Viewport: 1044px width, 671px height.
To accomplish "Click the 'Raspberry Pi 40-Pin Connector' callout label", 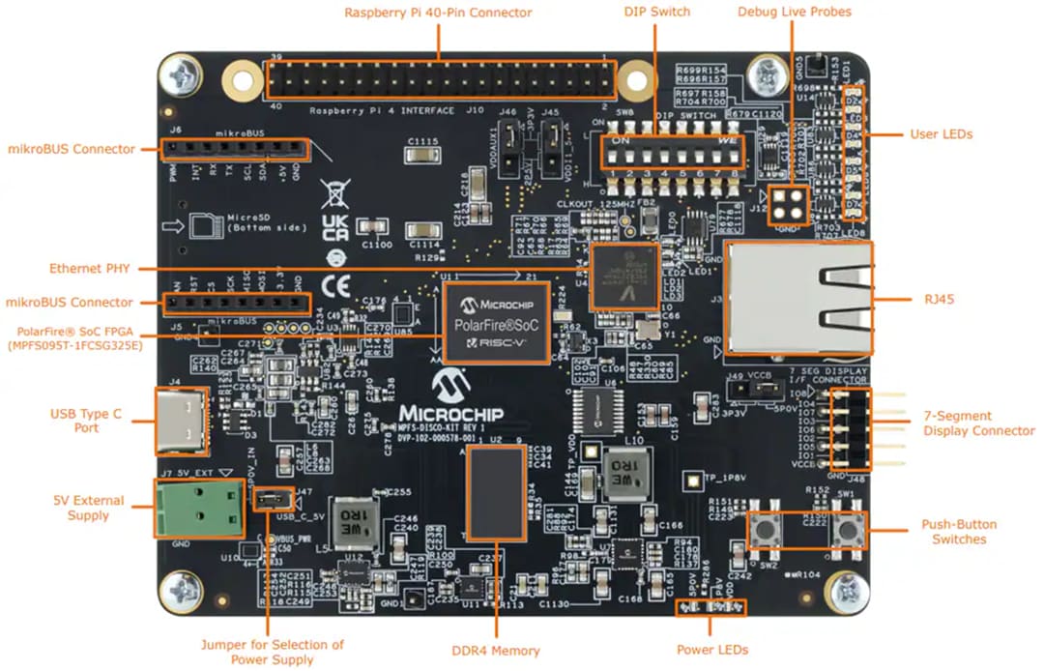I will pyautogui.click(x=438, y=12).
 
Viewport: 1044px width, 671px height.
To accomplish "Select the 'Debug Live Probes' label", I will pyautogui.click(x=794, y=12).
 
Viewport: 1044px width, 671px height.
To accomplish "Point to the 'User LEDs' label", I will pyautogui.click(x=941, y=133).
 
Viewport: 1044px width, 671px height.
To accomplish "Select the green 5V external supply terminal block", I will pyautogui.click(x=197, y=508).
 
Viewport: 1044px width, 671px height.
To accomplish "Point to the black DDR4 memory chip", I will pyautogui.click(x=496, y=493).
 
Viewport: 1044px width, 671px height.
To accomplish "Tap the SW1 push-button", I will pyautogui.click(x=848, y=529).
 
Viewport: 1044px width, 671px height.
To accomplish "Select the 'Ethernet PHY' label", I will pyautogui.click(x=90, y=268).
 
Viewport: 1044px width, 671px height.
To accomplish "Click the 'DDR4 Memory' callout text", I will pyautogui.click(x=496, y=651).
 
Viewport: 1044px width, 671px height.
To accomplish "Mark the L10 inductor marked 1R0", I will pyautogui.click(x=624, y=473).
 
